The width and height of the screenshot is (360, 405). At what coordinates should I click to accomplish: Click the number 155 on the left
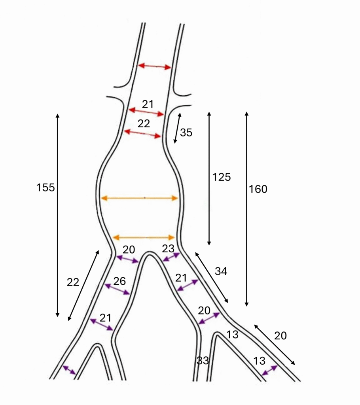45,187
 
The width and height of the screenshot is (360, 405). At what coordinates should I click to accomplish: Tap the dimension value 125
222,177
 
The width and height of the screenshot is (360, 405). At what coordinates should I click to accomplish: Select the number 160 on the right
258,189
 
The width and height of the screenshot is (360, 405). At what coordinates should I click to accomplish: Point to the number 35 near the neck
186,132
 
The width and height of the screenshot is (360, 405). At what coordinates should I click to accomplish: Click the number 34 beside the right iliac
221,271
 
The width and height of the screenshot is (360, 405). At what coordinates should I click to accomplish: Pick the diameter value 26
119,281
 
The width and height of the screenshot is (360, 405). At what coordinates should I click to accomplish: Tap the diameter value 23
168,249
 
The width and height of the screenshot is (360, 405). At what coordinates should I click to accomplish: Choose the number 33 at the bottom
203,360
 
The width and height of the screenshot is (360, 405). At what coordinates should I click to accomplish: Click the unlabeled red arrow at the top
155,66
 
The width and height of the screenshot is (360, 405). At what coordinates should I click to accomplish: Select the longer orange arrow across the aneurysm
139,198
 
